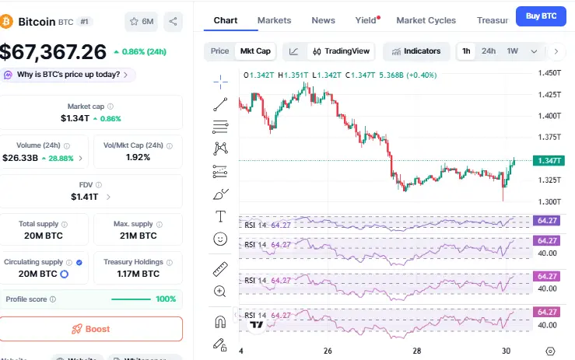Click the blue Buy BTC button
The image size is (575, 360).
[541, 16]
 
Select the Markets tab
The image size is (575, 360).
[274, 19]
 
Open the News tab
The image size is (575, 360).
[323, 19]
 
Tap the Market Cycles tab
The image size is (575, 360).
[426, 19]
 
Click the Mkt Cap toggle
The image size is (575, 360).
[255, 51]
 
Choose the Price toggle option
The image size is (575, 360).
[220, 51]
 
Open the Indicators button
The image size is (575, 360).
[416, 51]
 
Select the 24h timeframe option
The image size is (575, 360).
[489, 51]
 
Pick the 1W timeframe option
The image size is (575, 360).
[512, 51]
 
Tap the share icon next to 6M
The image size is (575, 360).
[173, 22]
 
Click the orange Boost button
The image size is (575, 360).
[91, 329]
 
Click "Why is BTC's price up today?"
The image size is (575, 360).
[68, 75]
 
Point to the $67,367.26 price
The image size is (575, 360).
[53, 51]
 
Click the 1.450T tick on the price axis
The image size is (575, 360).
[549, 72]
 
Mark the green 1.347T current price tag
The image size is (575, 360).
[548, 161]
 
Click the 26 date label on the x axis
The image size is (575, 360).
[328, 351]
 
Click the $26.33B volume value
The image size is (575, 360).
[20, 158]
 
